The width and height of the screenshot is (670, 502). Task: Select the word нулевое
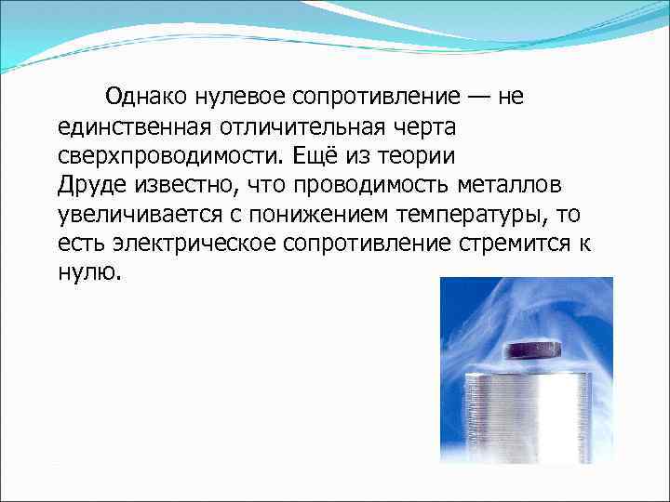243,96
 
